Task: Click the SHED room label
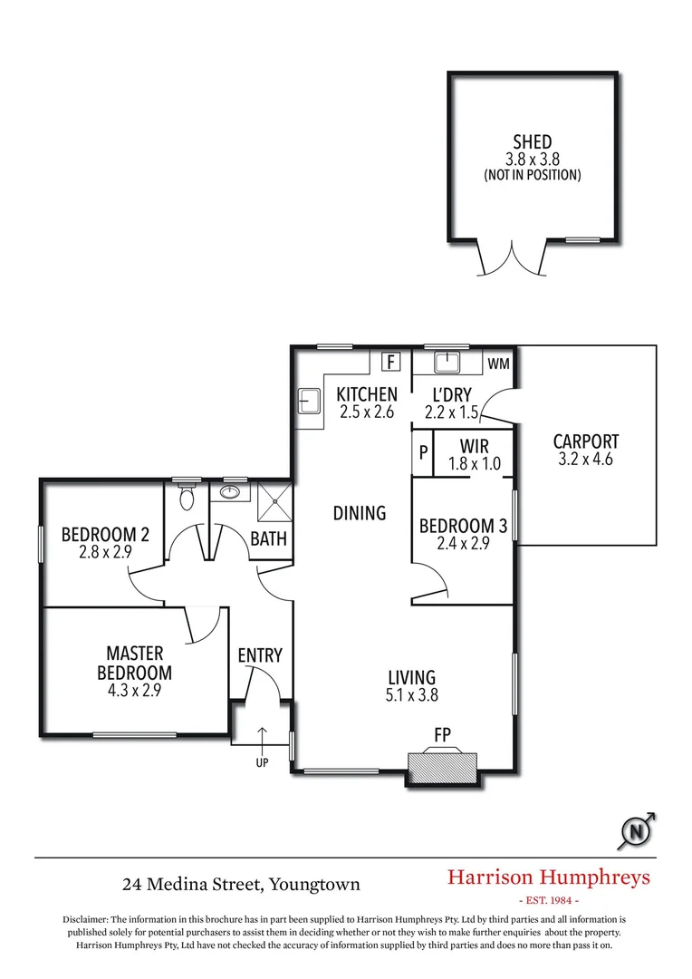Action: point(533,142)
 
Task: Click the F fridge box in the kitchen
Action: point(391,362)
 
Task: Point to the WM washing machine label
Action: point(498,363)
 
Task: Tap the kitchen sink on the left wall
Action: point(308,400)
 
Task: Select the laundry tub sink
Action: point(447,363)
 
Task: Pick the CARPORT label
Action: point(586,441)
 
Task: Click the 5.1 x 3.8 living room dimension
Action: point(412,696)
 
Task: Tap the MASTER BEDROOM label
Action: point(135,663)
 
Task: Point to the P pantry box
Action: point(423,452)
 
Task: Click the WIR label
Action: point(475,447)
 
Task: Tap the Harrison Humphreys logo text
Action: point(549,877)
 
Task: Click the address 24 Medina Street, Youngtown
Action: point(242,883)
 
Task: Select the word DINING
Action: point(360,513)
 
